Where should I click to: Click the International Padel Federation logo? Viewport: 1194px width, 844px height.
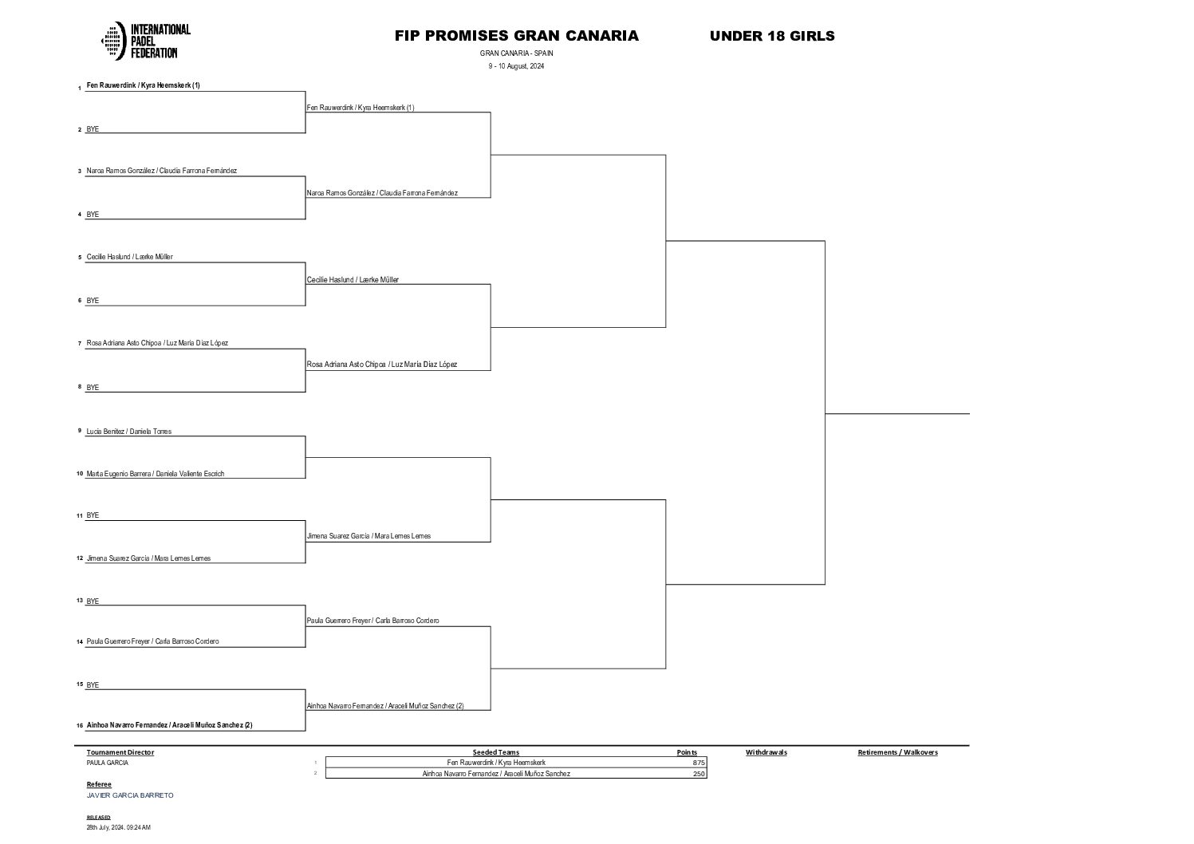point(146,41)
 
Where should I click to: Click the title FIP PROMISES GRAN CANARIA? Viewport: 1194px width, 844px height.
point(516,36)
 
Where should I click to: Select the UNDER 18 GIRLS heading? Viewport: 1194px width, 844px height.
point(771,36)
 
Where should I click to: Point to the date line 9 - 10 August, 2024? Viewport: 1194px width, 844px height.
point(516,66)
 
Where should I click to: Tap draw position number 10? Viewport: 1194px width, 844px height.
point(80,474)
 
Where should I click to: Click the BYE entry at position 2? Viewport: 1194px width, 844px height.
point(93,129)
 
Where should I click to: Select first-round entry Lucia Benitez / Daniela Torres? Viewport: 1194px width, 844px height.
point(128,432)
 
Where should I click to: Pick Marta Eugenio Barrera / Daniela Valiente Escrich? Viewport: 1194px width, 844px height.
point(155,474)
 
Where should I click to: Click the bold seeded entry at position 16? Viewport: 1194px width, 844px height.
point(169,725)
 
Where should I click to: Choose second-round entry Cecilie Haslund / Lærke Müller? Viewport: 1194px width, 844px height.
point(353,280)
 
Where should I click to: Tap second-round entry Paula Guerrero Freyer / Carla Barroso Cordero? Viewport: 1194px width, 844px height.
point(372,621)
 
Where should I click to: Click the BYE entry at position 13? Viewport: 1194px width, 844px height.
point(93,601)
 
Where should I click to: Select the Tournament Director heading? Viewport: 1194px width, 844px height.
point(120,752)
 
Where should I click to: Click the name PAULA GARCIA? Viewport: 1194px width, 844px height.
point(107,763)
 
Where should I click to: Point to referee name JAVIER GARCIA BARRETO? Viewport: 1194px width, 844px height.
point(129,795)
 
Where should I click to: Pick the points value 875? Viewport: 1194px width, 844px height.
point(699,763)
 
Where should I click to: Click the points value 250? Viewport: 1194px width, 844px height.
point(699,774)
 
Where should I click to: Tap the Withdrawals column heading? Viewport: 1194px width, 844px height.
point(766,752)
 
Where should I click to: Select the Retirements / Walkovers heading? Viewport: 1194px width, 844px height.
point(897,752)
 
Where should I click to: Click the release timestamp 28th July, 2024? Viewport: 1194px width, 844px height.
point(118,827)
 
